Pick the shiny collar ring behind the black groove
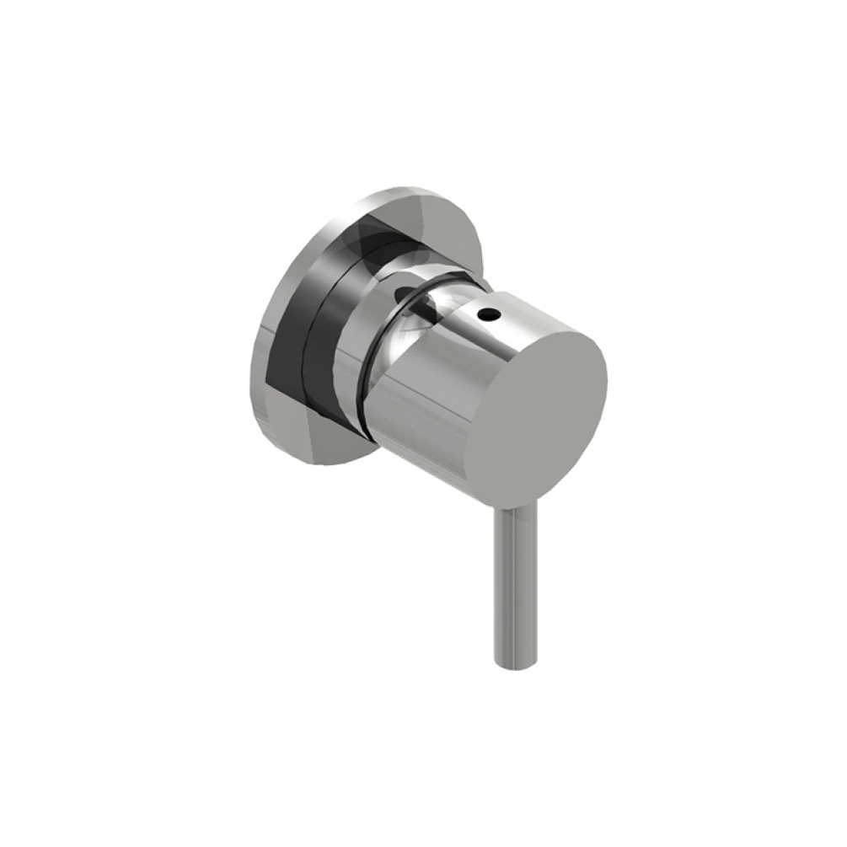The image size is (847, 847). pyautogui.click(x=354, y=337)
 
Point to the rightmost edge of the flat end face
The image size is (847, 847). pyautogui.click(x=607, y=379)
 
